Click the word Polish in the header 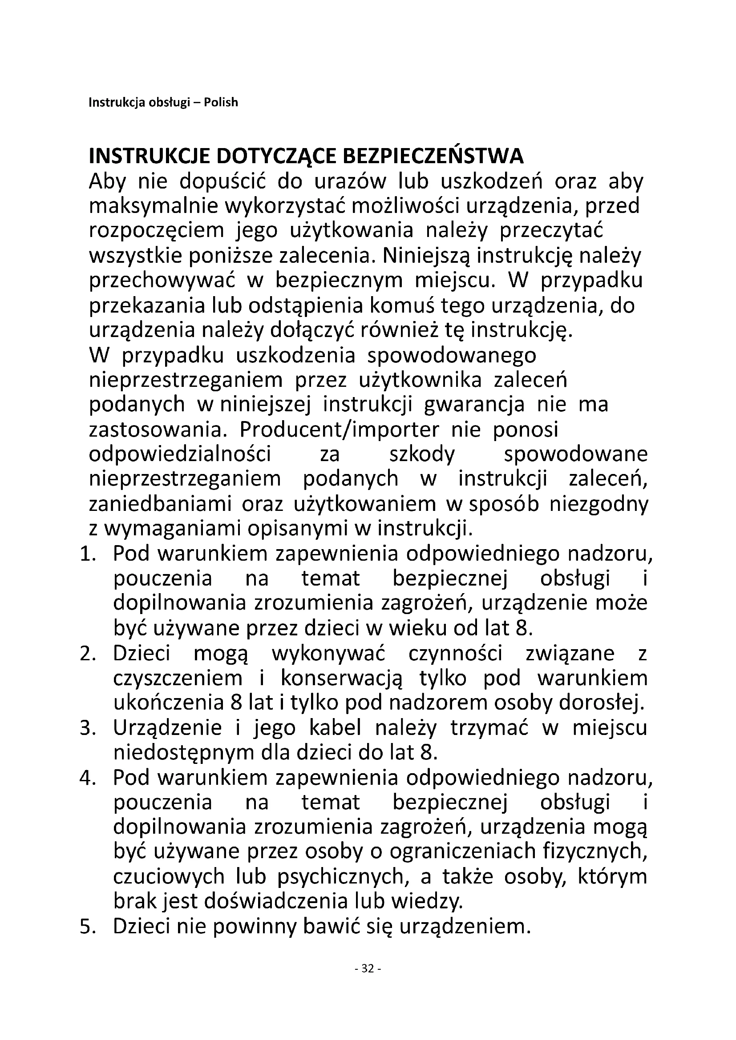[x=220, y=103]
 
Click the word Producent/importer [x=339, y=430]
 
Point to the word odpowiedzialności [x=180, y=454]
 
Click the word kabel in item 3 [x=335, y=728]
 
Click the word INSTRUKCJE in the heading [x=150, y=157]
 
